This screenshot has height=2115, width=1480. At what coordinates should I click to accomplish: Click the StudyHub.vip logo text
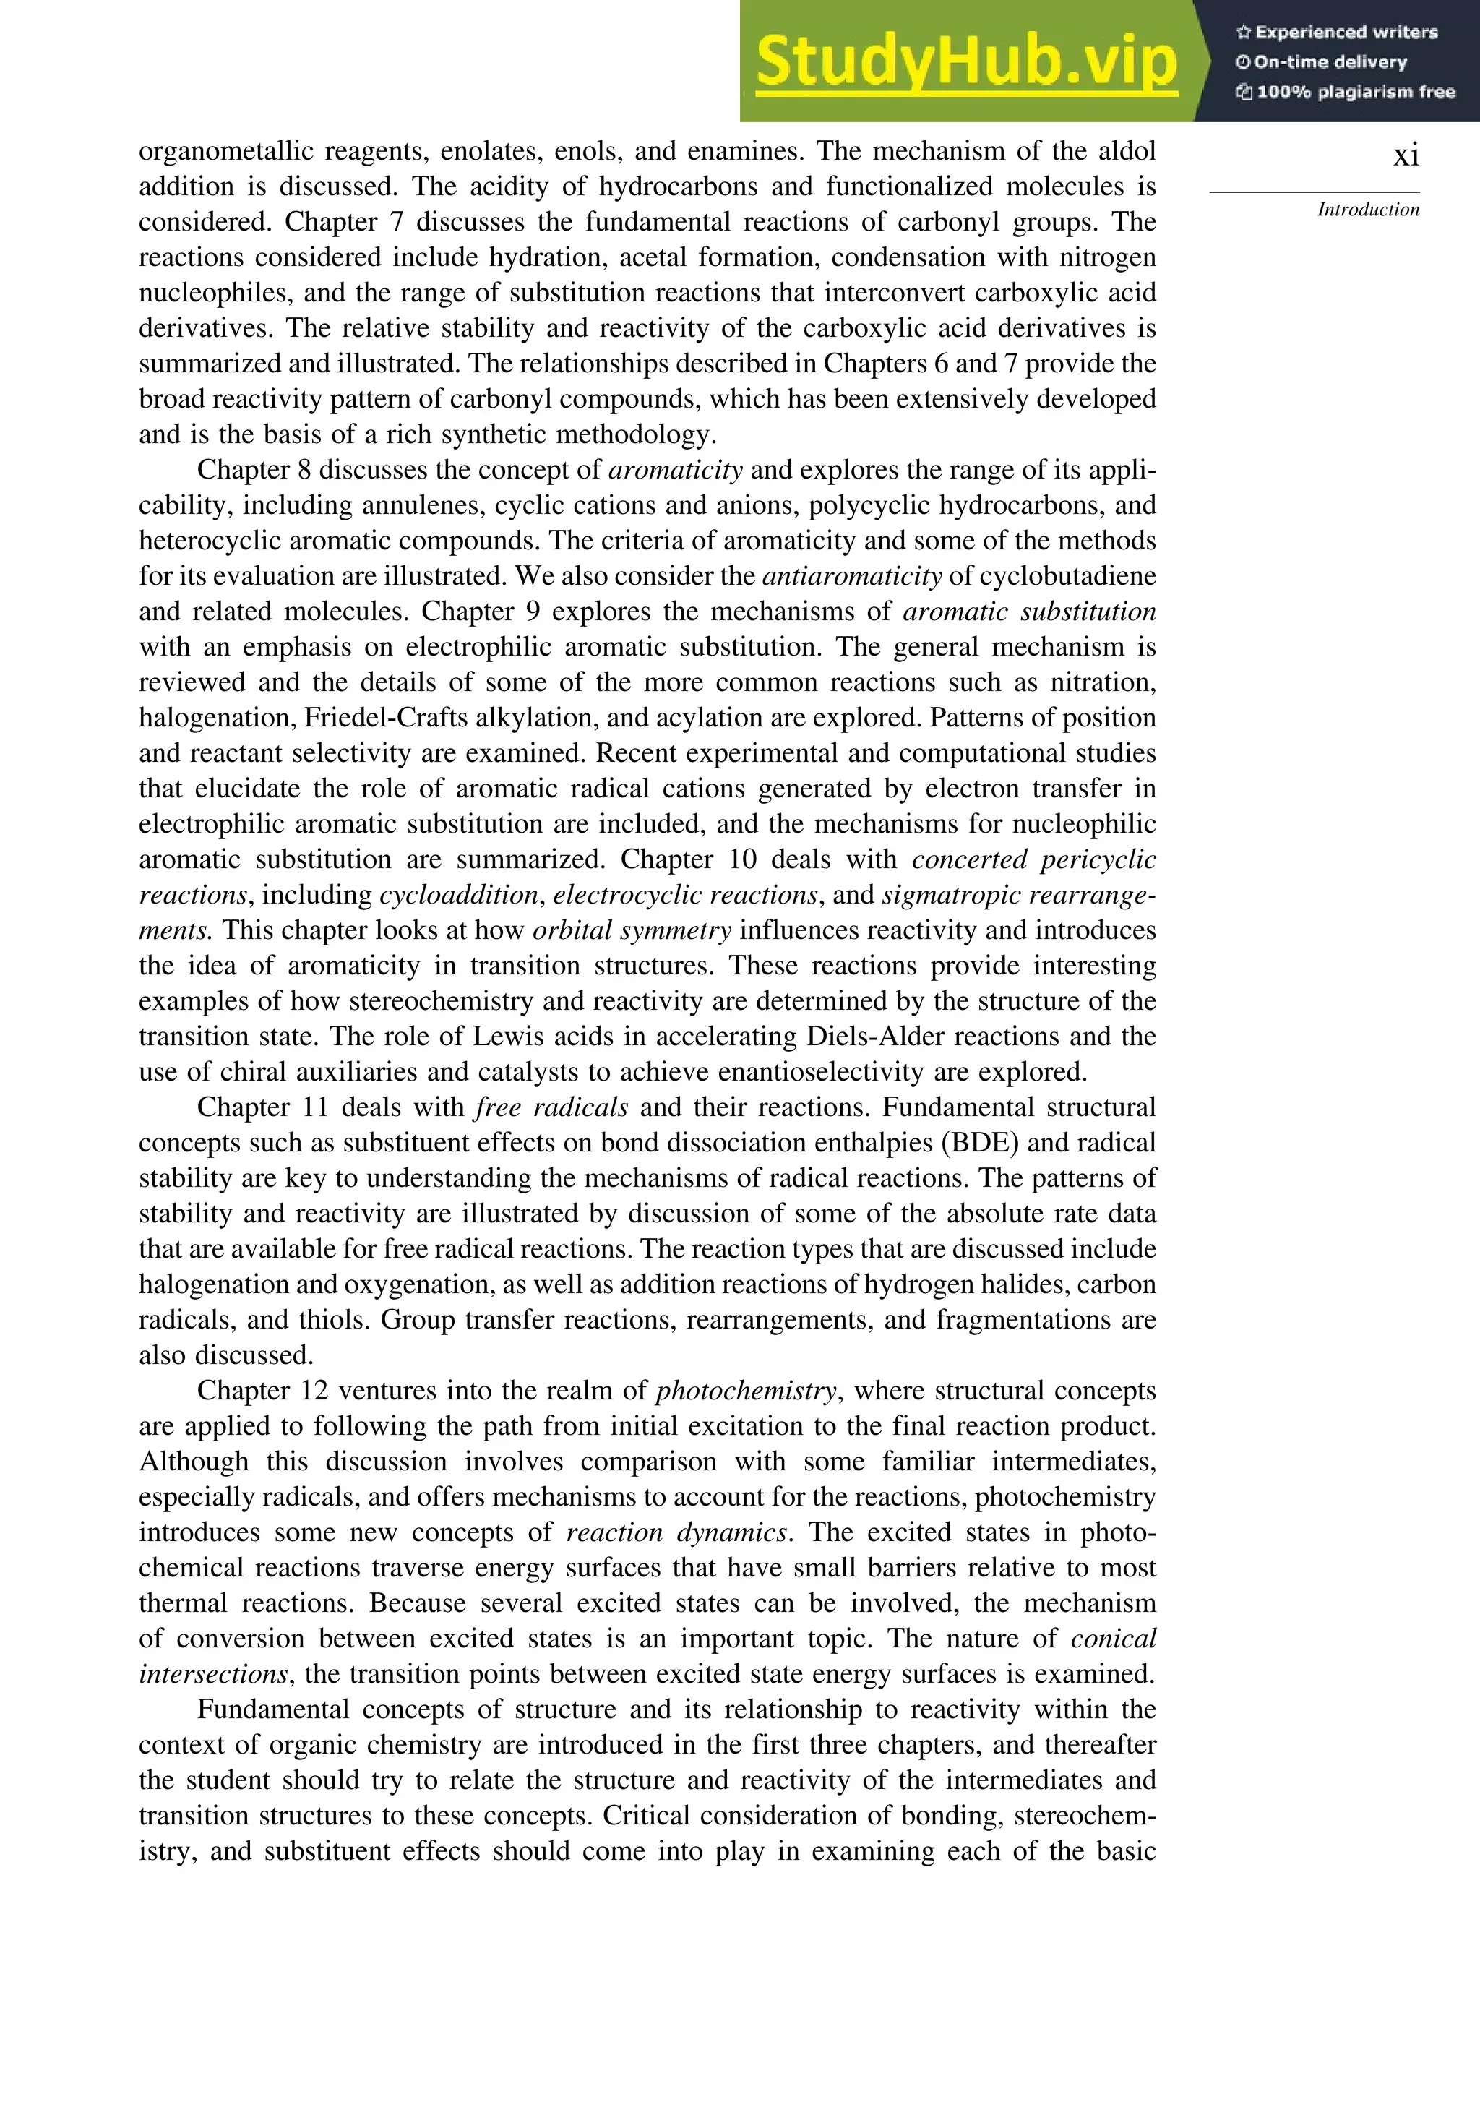point(966,61)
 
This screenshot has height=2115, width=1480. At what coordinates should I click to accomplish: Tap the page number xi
point(1406,155)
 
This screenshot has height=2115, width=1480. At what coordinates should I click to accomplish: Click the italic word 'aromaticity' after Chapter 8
point(676,470)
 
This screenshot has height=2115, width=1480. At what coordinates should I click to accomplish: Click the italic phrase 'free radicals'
point(551,1107)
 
